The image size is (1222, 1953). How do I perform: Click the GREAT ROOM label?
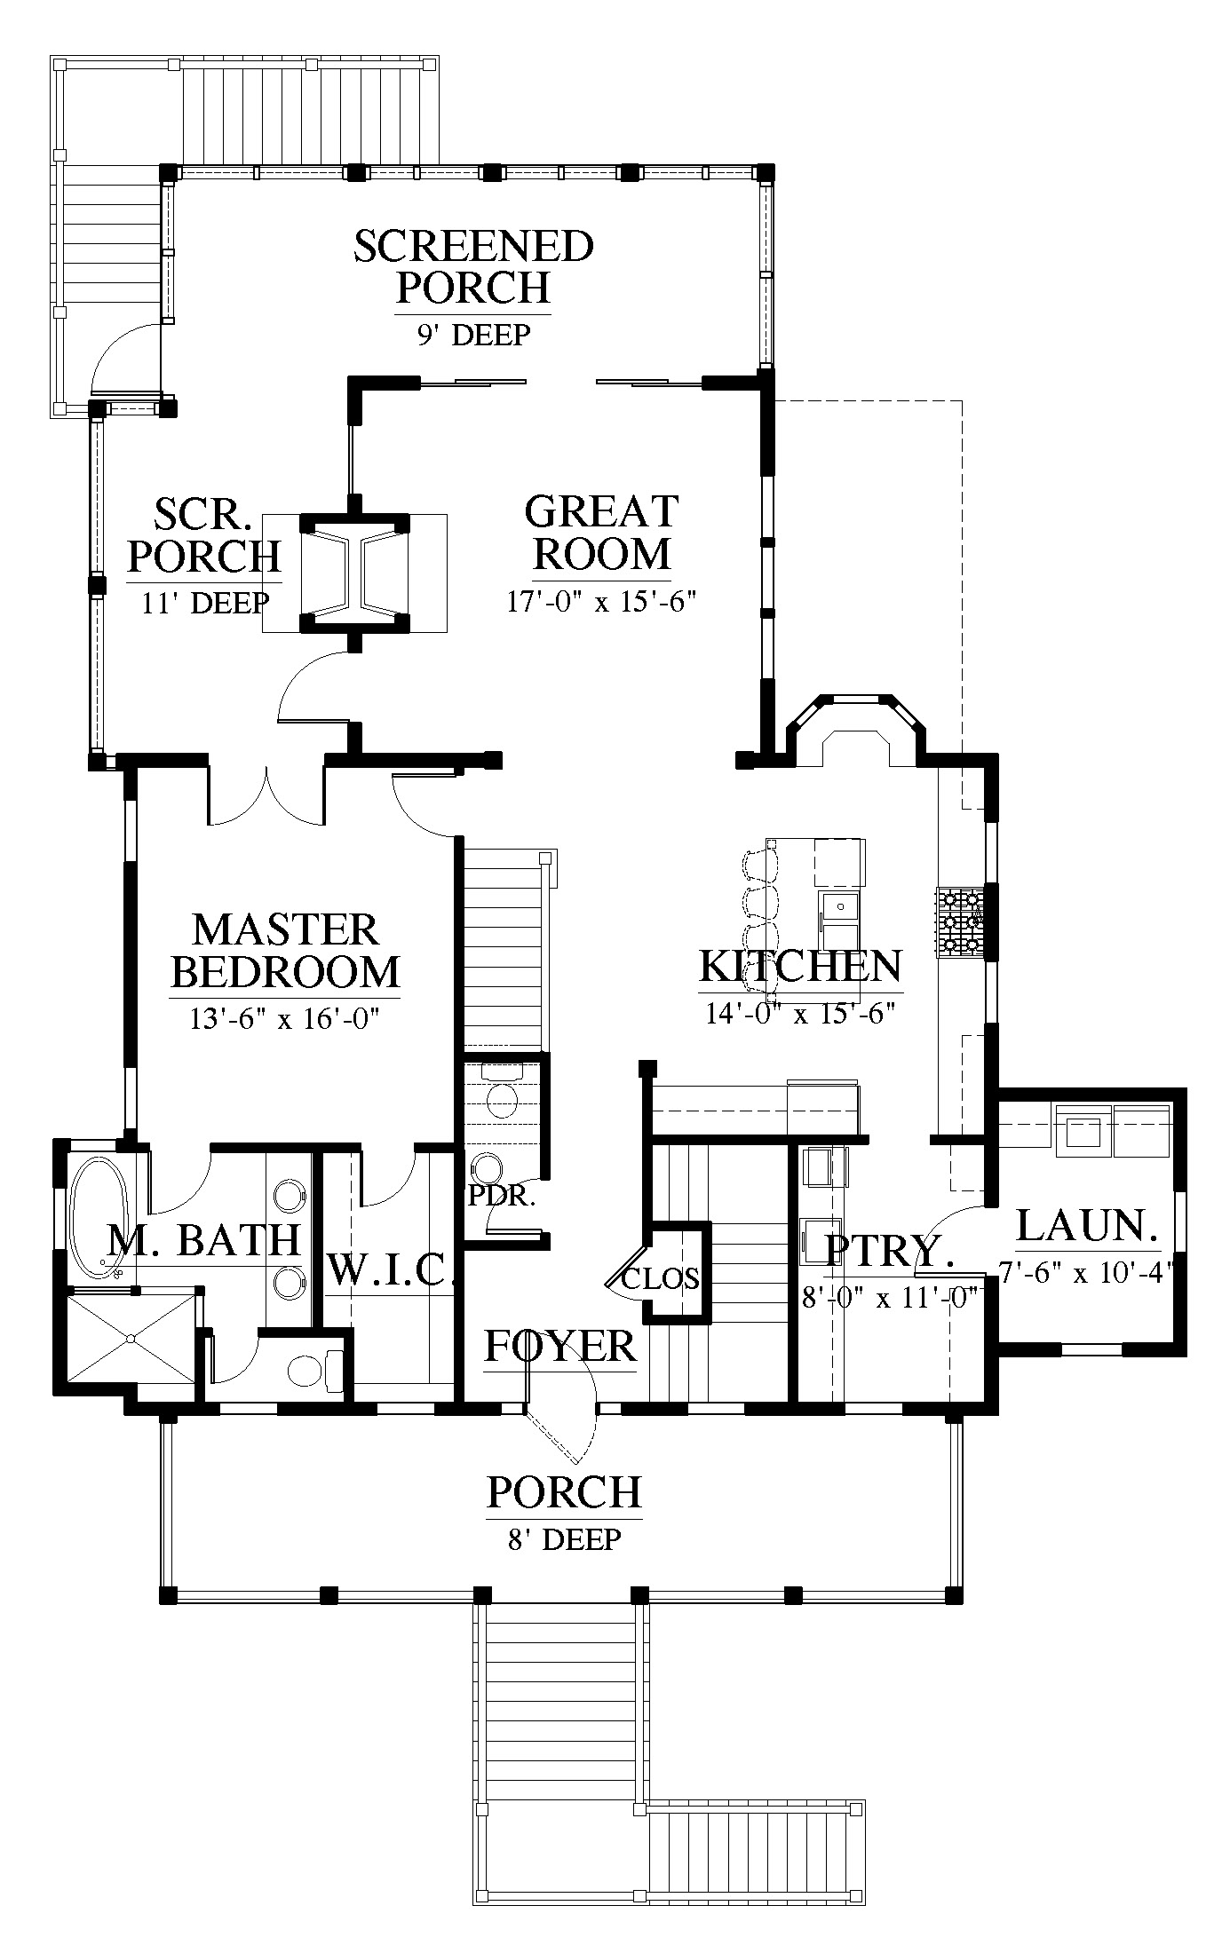pyautogui.click(x=601, y=533)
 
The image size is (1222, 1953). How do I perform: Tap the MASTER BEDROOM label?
pyautogui.click(x=285, y=950)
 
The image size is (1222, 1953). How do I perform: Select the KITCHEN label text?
pyautogui.click(x=800, y=966)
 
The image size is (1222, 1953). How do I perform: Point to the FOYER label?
pyautogui.click(x=560, y=1347)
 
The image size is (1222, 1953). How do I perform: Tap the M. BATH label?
pyautogui.click(x=203, y=1239)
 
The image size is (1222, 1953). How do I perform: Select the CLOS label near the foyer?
pyautogui.click(x=660, y=1279)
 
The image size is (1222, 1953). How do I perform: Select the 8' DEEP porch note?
pyautogui.click(x=564, y=1538)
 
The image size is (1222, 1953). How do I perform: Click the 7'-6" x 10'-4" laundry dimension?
pyautogui.click(x=1087, y=1273)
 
